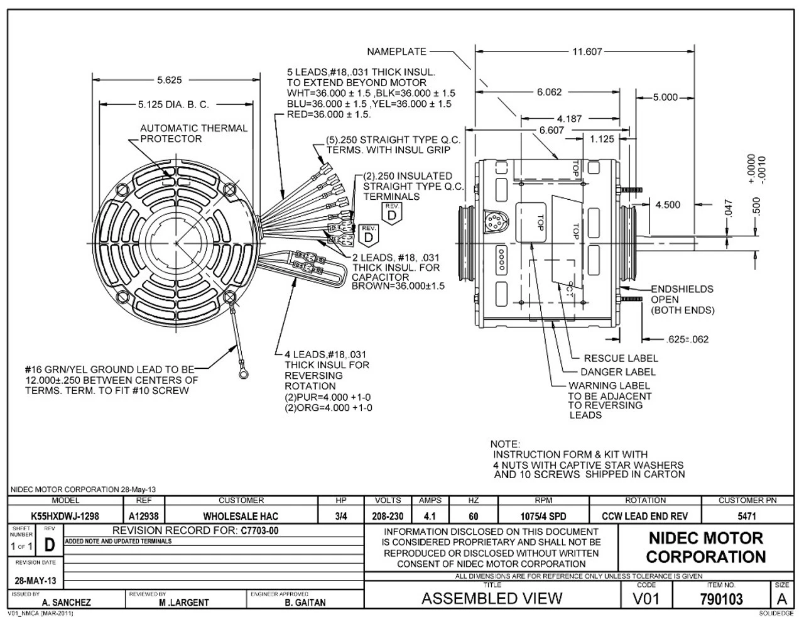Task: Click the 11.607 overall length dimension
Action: [587, 52]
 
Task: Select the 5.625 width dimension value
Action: [169, 80]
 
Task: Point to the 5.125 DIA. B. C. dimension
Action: [173, 104]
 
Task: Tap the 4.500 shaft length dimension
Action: [668, 205]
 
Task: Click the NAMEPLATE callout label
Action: [396, 52]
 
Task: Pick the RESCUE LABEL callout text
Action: [621, 358]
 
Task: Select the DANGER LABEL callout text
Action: [617, 372]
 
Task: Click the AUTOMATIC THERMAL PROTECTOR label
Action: [193, 133]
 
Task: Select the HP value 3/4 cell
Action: [342, 516]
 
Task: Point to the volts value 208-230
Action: [388, 516]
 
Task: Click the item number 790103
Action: [720, 599]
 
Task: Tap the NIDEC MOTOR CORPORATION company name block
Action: [705, 547]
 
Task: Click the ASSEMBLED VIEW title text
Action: [492, 599]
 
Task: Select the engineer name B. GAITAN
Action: [305, 603]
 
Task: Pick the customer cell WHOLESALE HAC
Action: [241, 516]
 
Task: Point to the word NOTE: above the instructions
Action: [505, 444]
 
